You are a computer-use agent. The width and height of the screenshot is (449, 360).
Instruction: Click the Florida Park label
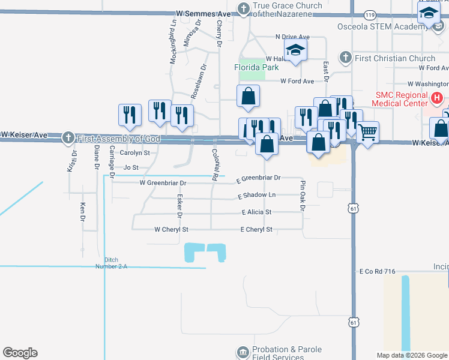(x=257, y=68)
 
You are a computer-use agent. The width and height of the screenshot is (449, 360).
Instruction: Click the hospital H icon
(x=437, y=97)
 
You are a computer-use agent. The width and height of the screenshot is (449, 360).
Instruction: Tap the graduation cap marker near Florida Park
(x=295, y=50)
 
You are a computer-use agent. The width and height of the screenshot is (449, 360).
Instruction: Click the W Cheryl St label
(x=171, y=229)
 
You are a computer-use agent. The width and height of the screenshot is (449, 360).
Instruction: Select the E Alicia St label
(x=257, y=212)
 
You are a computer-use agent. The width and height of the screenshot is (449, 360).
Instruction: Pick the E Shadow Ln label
(x=257, y=196)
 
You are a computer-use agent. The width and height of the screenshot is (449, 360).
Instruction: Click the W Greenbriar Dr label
(x=163, y=182)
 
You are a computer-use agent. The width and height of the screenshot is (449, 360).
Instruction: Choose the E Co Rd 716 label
(x=377, y=272)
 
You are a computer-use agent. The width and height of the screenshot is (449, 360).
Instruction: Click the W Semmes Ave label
(x=203, y=13)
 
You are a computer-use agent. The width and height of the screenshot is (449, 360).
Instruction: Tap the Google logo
(x=20, y=353)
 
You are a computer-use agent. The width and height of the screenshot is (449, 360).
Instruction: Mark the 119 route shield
(x=369, y=14)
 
